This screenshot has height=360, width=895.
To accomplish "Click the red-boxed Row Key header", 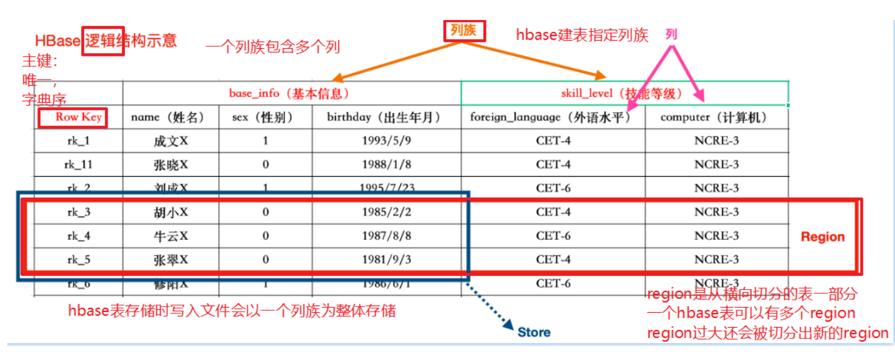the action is coord(73,117).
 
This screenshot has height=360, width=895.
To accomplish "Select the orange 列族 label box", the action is coord(464,31).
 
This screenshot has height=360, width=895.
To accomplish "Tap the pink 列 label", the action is coord(671,34).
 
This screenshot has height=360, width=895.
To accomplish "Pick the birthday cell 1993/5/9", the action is coord(386,141).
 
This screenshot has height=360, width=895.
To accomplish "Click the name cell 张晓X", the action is coord(170,165).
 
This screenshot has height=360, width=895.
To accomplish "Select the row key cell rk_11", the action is coord(78,165).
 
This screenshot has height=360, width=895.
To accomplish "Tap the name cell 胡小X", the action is coord(170,212).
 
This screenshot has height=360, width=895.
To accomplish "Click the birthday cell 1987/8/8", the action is coord(386,236).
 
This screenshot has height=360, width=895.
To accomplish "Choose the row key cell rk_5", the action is coord(78,260).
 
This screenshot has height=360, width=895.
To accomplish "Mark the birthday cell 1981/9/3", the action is coord(386,260).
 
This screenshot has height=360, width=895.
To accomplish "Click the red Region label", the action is coord(823,237).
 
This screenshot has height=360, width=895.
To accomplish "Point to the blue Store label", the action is coord(534,332).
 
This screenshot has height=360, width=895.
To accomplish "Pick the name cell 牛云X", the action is coord(170,236).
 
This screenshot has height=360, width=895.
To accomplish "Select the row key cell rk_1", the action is coord(78,141).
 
